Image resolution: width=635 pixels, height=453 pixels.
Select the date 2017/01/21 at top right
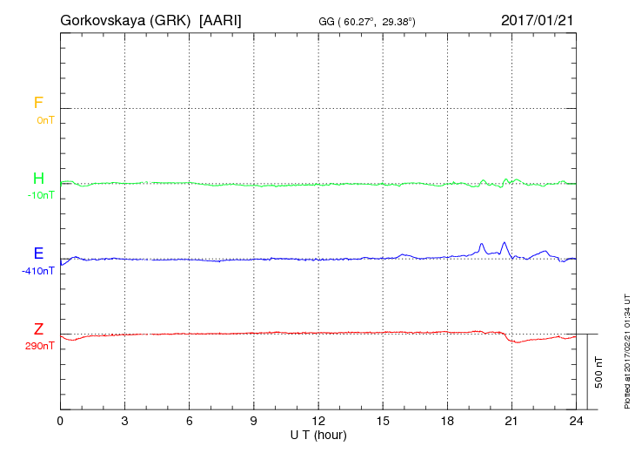coord(537,19)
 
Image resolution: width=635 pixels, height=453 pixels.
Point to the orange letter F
coord(38,103)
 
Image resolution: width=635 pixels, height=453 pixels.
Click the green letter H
coord(38,179)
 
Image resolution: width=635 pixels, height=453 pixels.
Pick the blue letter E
coord(38,254)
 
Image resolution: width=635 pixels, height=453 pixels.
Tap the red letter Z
coord(38,329)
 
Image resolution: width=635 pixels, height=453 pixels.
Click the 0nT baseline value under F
coord(45,119)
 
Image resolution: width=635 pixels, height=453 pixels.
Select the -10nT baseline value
coord(40,195)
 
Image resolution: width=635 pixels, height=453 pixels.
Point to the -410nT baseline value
coord(38,271)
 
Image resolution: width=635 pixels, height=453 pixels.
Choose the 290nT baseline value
coord(40,346)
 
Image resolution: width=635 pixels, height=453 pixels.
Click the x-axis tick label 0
coord(60,422)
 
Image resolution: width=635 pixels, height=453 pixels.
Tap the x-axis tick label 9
coord(253,422)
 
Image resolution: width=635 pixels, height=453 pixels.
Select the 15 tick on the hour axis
coord(382,422)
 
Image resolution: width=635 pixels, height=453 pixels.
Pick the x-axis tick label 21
coord(511,422)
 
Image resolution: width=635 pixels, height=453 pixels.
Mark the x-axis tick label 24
coord(575,422)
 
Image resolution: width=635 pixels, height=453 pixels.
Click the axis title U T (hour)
coord(317,434)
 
